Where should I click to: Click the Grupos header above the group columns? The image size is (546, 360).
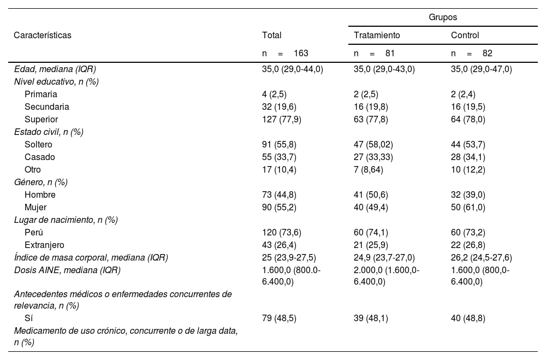pyautogui.click(x=443, y=17)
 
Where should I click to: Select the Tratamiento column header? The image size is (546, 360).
pyautogui.click(x=377, y=36)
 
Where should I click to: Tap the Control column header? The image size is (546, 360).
pyautogui.click(x=465, y=36)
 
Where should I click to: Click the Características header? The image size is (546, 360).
pyautogui.click(x=43, y=36)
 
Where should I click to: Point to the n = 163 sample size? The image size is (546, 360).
pyautogui.click(x=285, y=54)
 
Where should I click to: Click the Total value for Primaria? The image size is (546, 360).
pyautogui.click(x=276, y=95)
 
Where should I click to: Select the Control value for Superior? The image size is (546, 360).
pyautogui.click(x=468, y=120)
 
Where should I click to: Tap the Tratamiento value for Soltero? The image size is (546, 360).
pyautogui.click(x=373, y=145)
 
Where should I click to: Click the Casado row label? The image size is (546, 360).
pyautogui.click(x=40, y=157)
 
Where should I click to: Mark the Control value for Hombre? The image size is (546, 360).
pyautogui.click(x=468, y=195)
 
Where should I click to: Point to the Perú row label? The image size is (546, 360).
pyautogui.click(x=34, y=233)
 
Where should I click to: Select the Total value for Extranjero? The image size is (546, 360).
pyautogui.click(x=279, y=245)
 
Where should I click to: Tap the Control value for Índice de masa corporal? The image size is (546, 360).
pyautogui.click(x=481, y=258)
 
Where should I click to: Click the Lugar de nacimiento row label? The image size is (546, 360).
pyautogui.click(x=66, y=220)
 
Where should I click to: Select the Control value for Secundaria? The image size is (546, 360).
pyautogui.click(x=468, y=107)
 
